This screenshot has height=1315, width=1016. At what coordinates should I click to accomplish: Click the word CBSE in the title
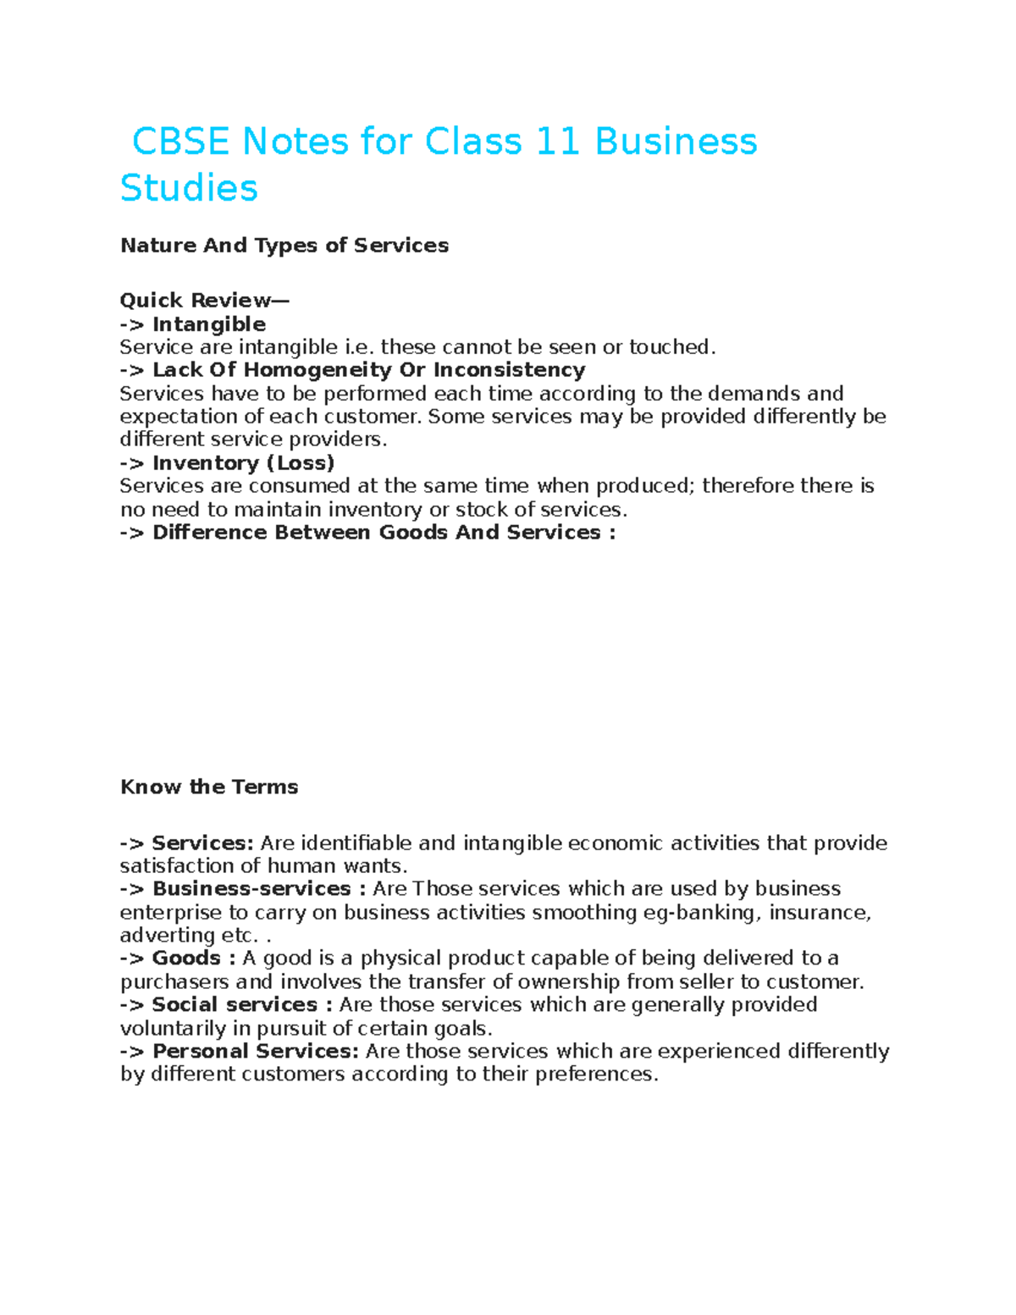(x=181, y=141)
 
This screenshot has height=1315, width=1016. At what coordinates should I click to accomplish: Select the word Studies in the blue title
(x=189, y=188)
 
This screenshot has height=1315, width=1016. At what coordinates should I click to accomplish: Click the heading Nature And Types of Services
(x=284, y=246)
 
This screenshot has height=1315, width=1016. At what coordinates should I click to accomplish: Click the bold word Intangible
(x=209, y=324)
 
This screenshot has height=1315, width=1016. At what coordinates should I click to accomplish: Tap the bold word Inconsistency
(x=509, y=370)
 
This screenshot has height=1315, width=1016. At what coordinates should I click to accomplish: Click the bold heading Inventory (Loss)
(x=243, y=463)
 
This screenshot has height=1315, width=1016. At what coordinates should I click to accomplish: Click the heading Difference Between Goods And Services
(x=384, y=533)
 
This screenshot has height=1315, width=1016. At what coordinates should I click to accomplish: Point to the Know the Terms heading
(x=209, y=787)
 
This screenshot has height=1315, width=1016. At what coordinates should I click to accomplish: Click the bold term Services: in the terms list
(x=202, y=843)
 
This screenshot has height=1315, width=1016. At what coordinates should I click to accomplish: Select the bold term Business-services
(x=251, y=889)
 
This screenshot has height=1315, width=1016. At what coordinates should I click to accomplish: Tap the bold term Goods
(x=186, y=959)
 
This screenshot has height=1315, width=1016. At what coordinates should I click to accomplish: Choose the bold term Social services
(x=235, y=1005)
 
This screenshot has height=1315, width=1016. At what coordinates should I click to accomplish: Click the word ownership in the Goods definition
(x=568, y=982)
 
